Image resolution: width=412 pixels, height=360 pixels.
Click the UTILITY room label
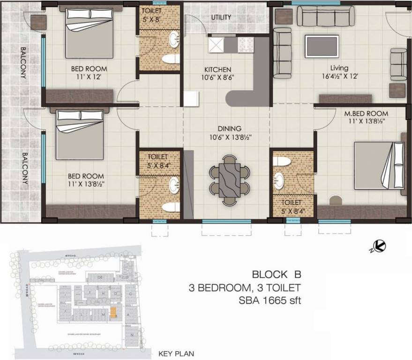click(221, 18)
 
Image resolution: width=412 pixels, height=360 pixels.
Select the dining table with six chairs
click(229, 180)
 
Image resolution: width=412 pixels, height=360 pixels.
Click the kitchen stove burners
click(246, 45)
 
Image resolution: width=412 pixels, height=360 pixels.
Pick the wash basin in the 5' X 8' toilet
click(174, 39)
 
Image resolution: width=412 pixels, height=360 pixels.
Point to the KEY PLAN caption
click(176, 354)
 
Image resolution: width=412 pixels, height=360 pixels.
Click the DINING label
click(229, 128)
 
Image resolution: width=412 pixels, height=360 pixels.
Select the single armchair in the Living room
click(398, 64)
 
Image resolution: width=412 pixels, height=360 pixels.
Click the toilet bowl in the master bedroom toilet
click(282, 162)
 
